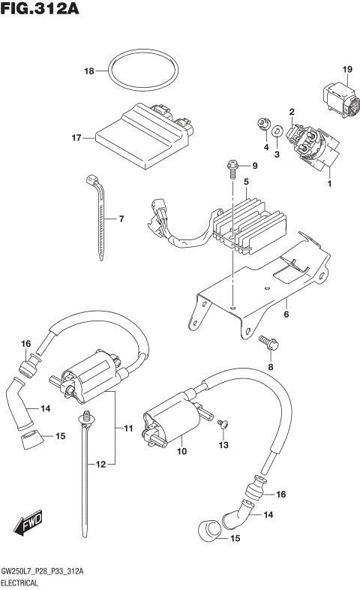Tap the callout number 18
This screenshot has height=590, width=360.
point(89,72)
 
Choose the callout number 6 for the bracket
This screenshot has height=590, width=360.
point(286,315)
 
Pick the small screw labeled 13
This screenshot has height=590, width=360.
point(222,426)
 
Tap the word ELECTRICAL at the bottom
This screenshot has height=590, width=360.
point(25,582)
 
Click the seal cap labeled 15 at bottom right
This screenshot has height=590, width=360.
point(209,533)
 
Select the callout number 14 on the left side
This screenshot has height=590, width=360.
point(45,408)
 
